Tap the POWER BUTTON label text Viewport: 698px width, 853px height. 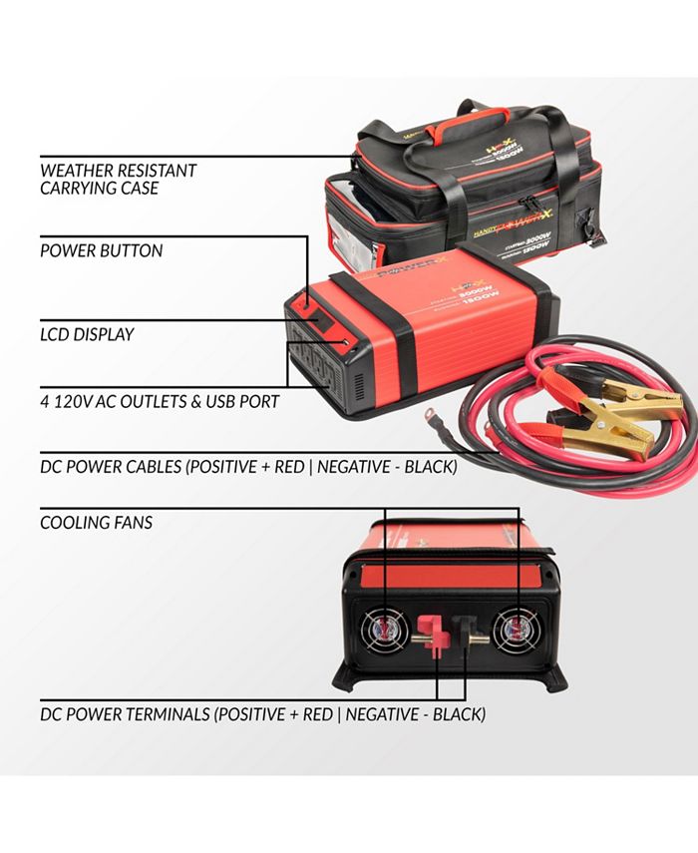[101, 250]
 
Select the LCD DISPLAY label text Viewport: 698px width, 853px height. [87, 334]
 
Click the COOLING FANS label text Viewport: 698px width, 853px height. [96, 522]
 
